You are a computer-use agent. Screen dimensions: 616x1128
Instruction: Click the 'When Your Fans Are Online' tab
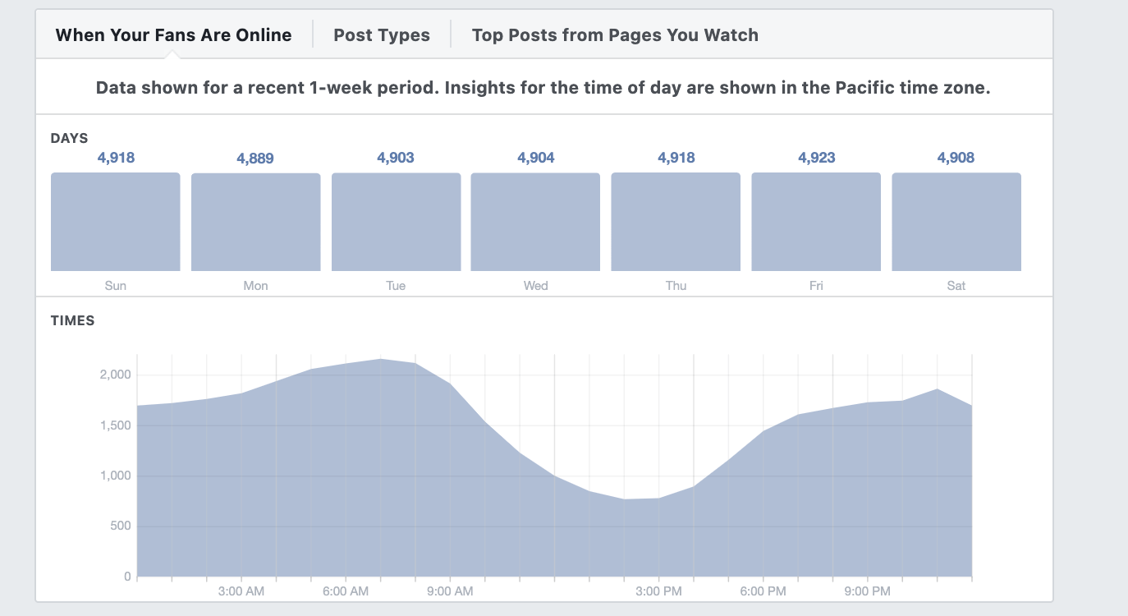[x=173, y=34]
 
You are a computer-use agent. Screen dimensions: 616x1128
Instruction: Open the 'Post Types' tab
[x=382, y=34]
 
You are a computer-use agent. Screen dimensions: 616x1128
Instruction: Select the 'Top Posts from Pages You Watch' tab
[x=615, y=34]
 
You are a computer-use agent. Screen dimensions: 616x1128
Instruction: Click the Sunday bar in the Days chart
[x=116, y=222]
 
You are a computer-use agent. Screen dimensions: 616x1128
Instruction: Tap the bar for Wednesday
[x=535, y=222]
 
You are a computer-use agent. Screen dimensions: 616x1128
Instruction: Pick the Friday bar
[x=816, y=222]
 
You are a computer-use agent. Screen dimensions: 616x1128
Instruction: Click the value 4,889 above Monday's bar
[x=255, y=159]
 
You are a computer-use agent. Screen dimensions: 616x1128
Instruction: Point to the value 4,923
[x=816, y=158]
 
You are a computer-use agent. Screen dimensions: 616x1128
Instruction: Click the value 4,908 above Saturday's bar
[x=956, y=158]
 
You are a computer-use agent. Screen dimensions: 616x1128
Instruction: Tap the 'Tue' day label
[x=396, y=286]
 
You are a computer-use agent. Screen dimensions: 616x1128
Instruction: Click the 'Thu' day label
[x=676, y=286]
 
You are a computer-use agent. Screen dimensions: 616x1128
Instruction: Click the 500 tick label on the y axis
[x=121, y=526]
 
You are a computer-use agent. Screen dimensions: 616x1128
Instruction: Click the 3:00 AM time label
[x=241, y=591]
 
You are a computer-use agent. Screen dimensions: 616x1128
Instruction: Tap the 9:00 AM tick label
[x=450, y=591]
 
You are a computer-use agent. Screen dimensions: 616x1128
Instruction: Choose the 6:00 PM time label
[x=763, y=591]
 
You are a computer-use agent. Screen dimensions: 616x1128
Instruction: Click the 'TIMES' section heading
[x=73, y=321]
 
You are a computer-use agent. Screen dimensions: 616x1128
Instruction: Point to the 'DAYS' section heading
[x=70, y=138]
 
